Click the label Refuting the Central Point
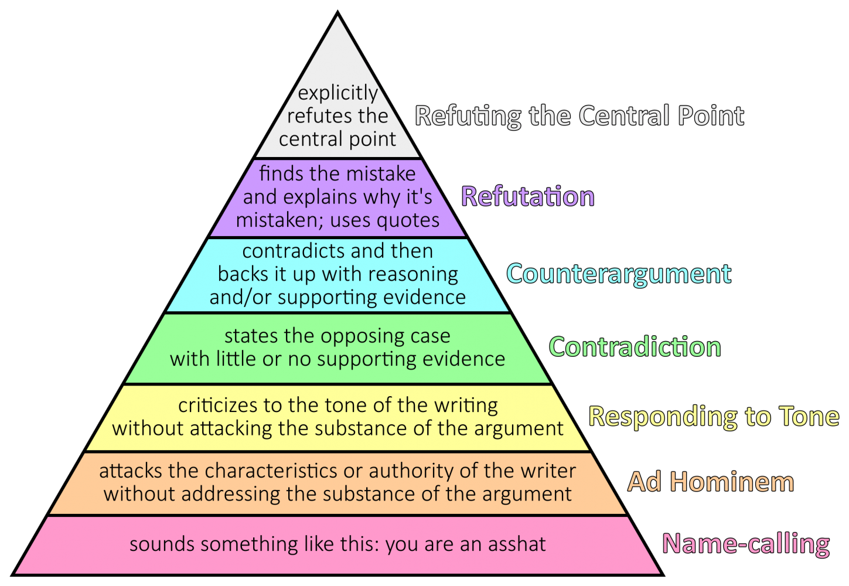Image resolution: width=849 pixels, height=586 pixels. [x=579, y=116]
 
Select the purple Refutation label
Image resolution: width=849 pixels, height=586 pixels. [x=527, y=196]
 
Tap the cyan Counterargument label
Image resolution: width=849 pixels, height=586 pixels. [x=619, y=274]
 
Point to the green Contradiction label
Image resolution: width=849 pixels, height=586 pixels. [x=635, y=347]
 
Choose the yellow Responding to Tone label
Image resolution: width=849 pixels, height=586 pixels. [x=714, y=416]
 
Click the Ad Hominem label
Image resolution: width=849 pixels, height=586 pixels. [x=711, y=482]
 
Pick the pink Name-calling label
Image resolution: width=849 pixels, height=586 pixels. [x=745, y=544]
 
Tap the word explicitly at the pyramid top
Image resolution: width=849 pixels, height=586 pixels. [x=338, y=93]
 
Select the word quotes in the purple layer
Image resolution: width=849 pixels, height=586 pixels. [x=408, y=220]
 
